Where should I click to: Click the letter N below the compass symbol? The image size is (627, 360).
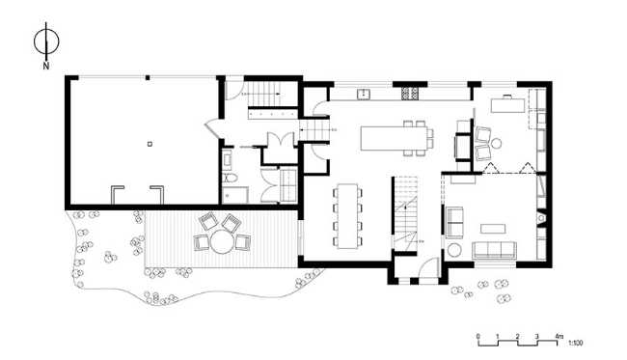coord(45,66)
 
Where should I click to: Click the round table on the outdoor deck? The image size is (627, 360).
coord(220,242)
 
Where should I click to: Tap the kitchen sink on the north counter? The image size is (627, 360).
coord(366,95)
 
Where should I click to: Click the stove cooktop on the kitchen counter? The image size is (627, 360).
coord(407,95)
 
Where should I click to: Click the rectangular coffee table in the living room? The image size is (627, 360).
coord(494,228)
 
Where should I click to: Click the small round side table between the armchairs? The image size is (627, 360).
coord(496,144)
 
